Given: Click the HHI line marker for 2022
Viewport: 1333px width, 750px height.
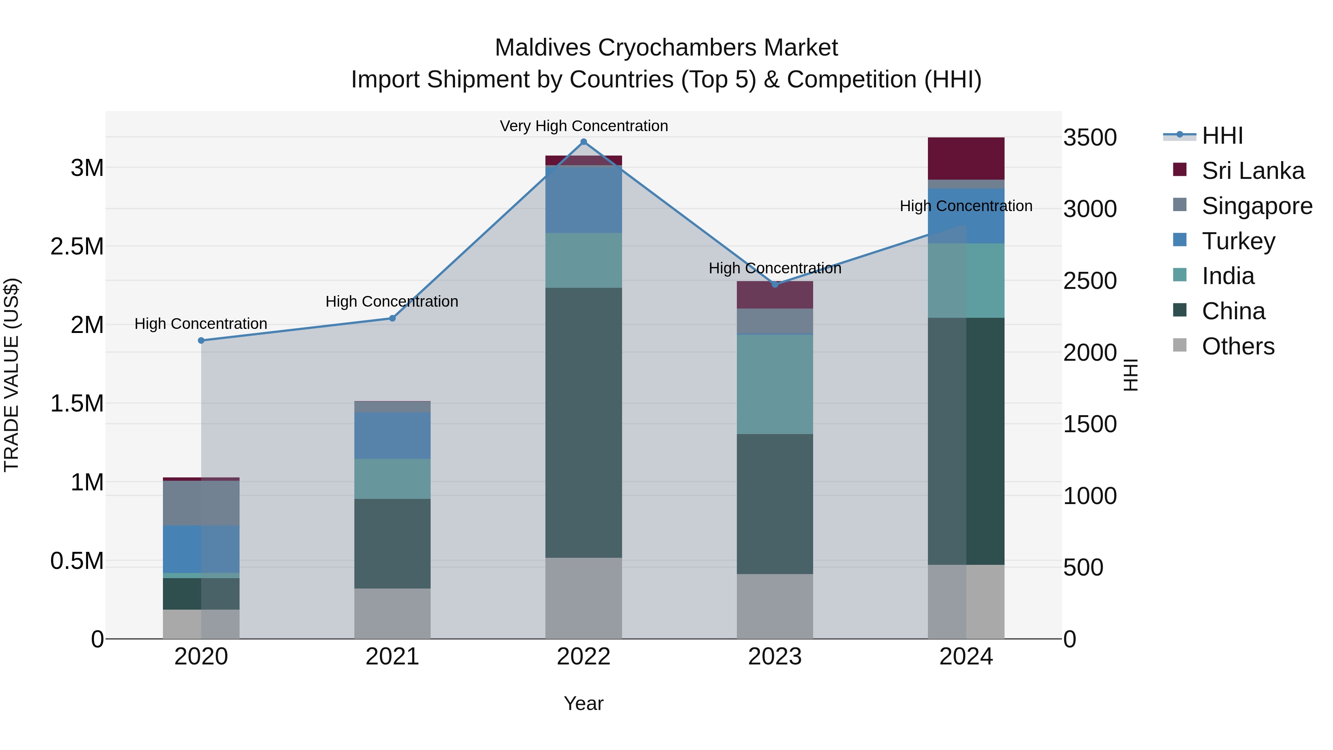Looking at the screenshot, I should pyautogui.click(x=584, y=142).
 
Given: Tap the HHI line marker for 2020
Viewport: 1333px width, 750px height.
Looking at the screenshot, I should pyautogui.click(x=201, y=341).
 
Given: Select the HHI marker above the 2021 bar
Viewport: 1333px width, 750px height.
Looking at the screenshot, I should pyautogui.click(x=392, y=318).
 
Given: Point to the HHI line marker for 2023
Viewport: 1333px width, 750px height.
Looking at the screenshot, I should pyautogui.click(x=775, y=285).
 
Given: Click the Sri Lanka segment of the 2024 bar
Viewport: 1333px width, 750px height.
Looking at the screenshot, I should pyautogui.click(x=966, y=159).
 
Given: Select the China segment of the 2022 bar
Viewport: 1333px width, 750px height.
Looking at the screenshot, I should pyautogui.click(x=584, y=422).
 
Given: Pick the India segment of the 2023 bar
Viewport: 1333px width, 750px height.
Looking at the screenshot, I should pyautogui.click(x=775, y=384).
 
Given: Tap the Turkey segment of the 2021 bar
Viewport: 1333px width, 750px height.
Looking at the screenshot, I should pyautogui.click(x=392, y=435).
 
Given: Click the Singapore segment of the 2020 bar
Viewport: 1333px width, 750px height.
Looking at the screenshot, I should pyautogui.click(x=201, y=503).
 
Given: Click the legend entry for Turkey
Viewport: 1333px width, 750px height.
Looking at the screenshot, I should pyautogui.click(x=1238, y=241).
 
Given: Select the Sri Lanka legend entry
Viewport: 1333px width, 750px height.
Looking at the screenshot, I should pyautogui.click(x=1253, y=171).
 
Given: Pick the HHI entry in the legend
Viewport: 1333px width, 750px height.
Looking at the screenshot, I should pyautogui.click(x=1222, y=136).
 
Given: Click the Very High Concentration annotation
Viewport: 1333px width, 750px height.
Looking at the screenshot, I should pyautogui.click(x=584, y=126).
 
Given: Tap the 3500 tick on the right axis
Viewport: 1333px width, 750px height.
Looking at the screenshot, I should pyautogui.click(x=1090, y=138).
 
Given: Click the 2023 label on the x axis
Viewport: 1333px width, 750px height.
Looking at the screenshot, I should pyautogui.click(x=775, y=656).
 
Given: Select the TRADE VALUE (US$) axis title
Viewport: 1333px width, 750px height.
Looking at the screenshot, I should pyautogui.click(x=11, y=375).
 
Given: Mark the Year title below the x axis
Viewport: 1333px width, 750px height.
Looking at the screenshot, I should pyautogui.click(x=583, y=703).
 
